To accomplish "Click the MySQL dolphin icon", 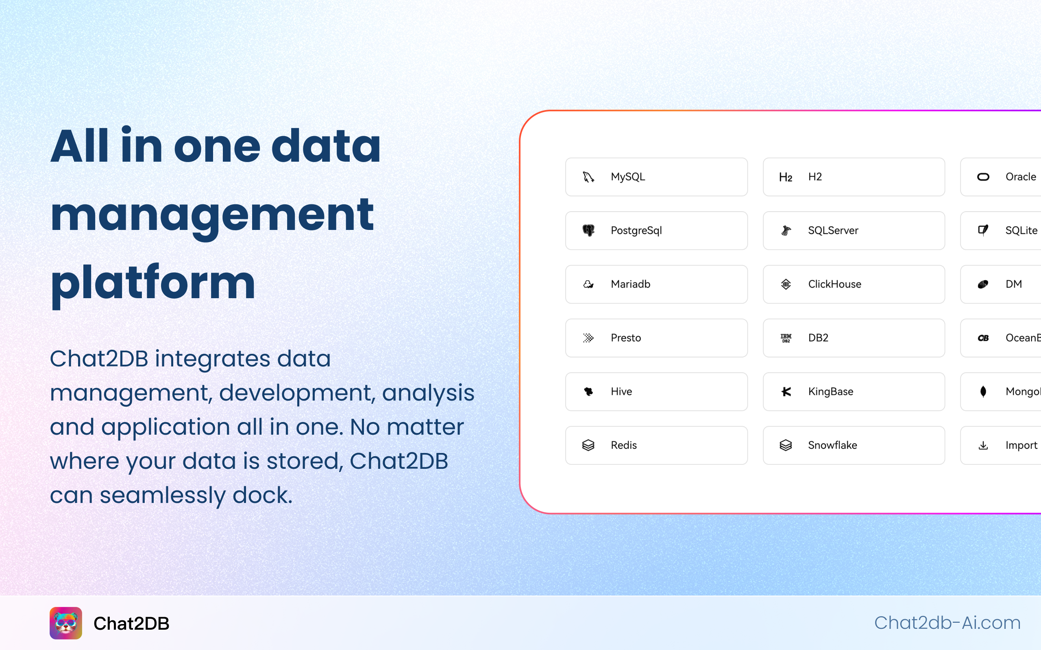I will coord(588,177).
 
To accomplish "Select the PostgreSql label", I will coord(636,230).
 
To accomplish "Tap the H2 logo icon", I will coord(786,177).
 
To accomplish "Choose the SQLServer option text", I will coord(833,230).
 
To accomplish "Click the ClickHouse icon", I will coord(786,284).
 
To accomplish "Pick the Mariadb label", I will coord(630,284).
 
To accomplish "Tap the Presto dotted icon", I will coord(588,338).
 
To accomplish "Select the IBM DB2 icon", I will coord(786,338).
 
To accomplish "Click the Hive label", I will coord(621,392).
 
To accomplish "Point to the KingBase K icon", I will coord(786,392).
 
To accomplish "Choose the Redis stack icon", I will coord(588,445).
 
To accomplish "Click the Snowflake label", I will coord(832,445).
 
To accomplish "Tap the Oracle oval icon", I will coord(983,177).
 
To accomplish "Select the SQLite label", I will coord(1021,230).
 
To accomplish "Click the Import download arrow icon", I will coord(983,445).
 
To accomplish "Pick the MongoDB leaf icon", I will coord(983,392).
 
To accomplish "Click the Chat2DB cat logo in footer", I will coord(66,623).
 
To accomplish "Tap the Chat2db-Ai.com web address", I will coord(947,623).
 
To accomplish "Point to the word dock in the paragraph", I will coord(262,495).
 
